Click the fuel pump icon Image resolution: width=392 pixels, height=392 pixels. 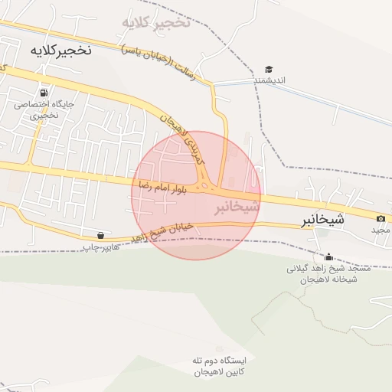click(x=44, y=93)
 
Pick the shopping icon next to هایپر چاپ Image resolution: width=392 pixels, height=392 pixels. click(x=101, y=236)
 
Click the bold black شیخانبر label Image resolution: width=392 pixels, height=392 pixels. click(x=322, y=220)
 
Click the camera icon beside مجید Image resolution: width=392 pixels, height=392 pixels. click(x=381, y=219)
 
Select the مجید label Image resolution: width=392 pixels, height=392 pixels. click(x=381, y=230)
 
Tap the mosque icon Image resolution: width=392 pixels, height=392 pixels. click(x=329, y=256)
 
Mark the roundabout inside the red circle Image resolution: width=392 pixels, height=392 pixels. click(x=204, y=185)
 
